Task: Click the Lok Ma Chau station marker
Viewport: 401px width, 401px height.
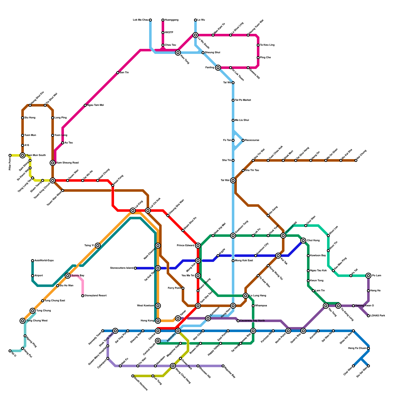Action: (150, 20)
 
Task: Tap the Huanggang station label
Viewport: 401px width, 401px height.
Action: (171, 20)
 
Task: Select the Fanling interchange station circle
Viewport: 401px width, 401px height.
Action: (218, 68)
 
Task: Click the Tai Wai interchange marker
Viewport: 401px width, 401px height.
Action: (233, 180)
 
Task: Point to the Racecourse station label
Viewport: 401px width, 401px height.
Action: (252, 140)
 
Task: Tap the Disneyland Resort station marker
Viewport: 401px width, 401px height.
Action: (83, 296)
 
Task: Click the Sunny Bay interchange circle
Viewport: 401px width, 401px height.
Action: (68, 276)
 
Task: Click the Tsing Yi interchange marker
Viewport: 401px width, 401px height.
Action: (98, 246)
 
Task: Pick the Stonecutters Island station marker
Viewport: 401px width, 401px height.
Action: (135, 268)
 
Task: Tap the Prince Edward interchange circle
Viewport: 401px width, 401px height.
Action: (198, 246)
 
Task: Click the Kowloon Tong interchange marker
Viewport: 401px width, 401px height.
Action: (233, 236)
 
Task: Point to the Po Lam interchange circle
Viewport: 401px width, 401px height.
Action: (368, 276)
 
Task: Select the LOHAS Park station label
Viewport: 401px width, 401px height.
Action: (377, 316)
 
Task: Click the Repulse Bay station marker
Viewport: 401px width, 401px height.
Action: (223, 366)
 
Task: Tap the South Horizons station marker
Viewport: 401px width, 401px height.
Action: (133, 376)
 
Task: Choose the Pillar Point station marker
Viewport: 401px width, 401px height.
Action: (10, 155)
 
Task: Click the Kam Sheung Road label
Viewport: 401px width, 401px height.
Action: (67, 163)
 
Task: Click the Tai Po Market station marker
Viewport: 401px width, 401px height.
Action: (233, 100)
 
